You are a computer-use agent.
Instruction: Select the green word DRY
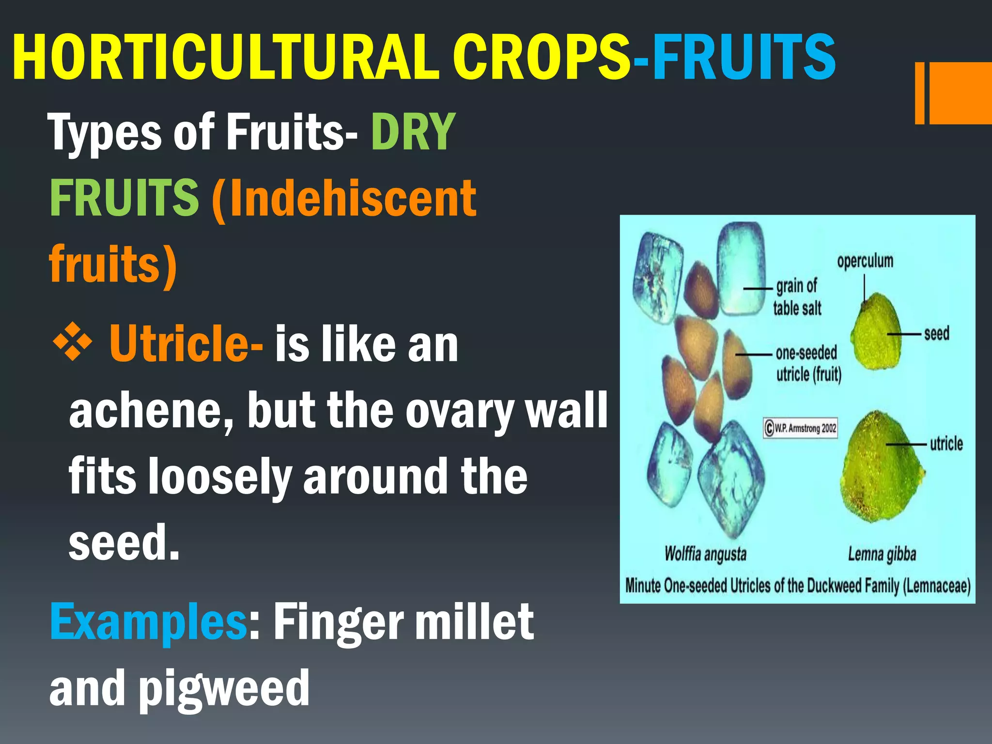pos(413,132)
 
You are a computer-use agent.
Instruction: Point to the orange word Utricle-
pos(186,344)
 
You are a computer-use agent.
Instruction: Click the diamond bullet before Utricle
pos(72,343)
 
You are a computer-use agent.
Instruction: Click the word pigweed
pos(224,688)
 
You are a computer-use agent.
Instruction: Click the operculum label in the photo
pos(865,261)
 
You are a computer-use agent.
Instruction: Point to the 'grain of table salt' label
pos(797,297)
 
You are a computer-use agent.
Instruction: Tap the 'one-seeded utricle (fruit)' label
pos(808,363)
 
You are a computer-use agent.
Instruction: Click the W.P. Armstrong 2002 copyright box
pos(800,428)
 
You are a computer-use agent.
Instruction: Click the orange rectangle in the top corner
pos(957,93)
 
